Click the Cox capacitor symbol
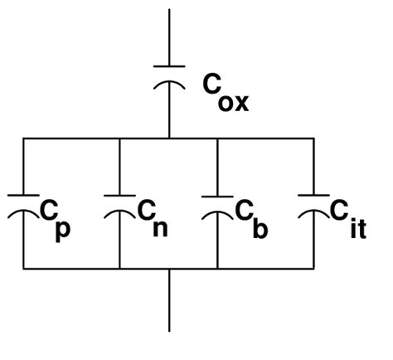[x=170, y=78]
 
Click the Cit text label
[x=346, y=219]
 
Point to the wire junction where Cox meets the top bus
[x=170, y=138]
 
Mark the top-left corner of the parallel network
[x=23, y=138]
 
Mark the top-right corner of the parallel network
[x=313, y=138]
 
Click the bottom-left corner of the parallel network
[x=23, y=269]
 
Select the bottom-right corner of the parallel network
[x=313, y=269]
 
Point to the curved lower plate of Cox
[x=170, y=85]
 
